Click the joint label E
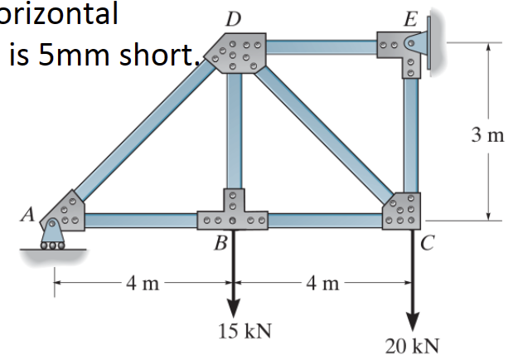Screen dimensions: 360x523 point(409,17)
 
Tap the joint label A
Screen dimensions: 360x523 point(27,215)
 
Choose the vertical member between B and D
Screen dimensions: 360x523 point(235,133)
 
